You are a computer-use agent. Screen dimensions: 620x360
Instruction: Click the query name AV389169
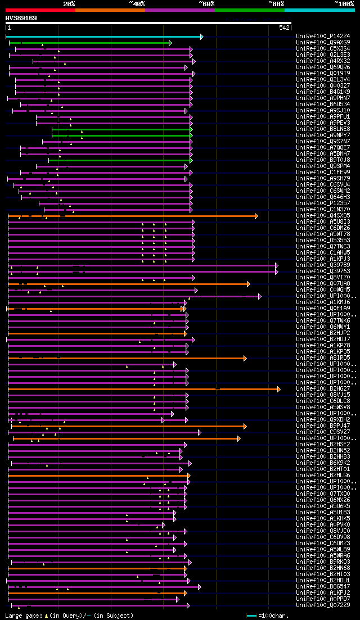(21, 18)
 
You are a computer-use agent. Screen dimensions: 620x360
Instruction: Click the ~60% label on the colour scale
(206, 4)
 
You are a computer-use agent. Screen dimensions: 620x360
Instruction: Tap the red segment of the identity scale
(40, 10)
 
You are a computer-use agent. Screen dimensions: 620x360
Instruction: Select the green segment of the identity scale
(249, 10)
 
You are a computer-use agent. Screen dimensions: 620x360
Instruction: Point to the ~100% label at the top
(344, 4)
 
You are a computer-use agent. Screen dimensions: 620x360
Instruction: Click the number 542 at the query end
(284, 28)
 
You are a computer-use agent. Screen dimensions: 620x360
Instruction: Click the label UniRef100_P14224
(323, 37)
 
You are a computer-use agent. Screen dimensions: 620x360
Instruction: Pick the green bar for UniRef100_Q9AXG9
(90, 43)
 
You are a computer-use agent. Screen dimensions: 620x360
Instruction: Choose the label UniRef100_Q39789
(323, 265)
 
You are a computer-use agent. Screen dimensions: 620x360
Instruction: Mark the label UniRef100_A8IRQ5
(323, 358)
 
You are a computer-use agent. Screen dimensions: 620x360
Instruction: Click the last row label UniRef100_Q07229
(323, 605)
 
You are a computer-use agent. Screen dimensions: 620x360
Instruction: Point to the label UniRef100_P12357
(323, 203)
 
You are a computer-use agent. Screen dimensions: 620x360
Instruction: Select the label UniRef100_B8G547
(323, 587)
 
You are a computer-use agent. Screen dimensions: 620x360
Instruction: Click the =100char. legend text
(273, 616)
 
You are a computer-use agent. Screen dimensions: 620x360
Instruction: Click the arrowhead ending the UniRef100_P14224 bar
(201, 37)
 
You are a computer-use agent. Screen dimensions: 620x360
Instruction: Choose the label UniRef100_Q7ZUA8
(323, 284)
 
